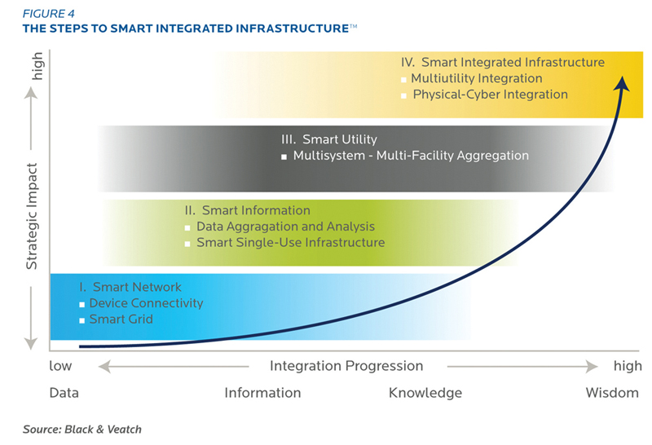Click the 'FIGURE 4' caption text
pyautogui.click(x=49, y=14)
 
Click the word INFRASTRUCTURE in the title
pyautogui.click(x=293, y=29)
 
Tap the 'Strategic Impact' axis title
pyautogui.click(x=33, y=216)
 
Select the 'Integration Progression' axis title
pyautogui.click(x=346, y=366)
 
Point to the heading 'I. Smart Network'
pyautogui.click(x=130, y=287)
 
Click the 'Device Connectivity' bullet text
pyautogui.click(x=147, y=303)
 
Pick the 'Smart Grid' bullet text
pyautogui.click(x=121, y=319)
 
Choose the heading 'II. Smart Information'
pyautogui.click(x=248, y=210)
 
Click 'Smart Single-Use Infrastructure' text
pyautogui.click(x=291, y=242)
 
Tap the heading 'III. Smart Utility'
pyautogui.click(x=329, y=139)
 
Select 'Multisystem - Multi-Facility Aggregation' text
pyautogui.click(x=411, y=156)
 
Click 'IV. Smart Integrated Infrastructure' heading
pyautogui.click(x=503, y=63)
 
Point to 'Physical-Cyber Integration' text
pyautogui.click(x=491, y=95)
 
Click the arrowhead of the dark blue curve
pyautogui.click(x=622, y=83)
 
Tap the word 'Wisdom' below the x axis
pyautogui.click(x=612, y=393)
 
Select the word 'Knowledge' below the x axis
pyautogui.click(x=425, y=393)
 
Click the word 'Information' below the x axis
pyautogui.click(x=262, y=393)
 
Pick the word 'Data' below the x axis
pyautogui.click(x=64, y=393)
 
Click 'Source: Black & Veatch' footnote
pyautogui.click(x=82, y=430)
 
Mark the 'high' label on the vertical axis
pyautogui.click(x=37, y=66)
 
